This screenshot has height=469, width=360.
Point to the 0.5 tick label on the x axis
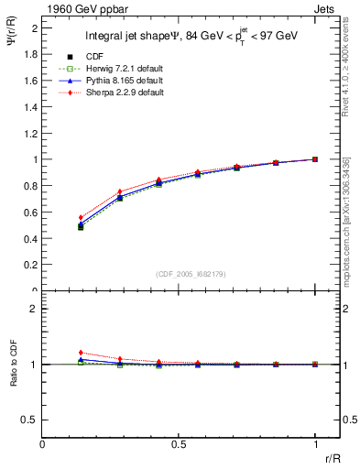(179, 445)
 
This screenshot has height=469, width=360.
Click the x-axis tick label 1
(315, 445)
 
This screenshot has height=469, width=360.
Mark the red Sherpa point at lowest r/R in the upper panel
(81, 218)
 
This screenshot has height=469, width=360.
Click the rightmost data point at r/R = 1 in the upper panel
(315, 159)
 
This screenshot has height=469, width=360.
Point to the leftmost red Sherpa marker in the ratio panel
(81, 353)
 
